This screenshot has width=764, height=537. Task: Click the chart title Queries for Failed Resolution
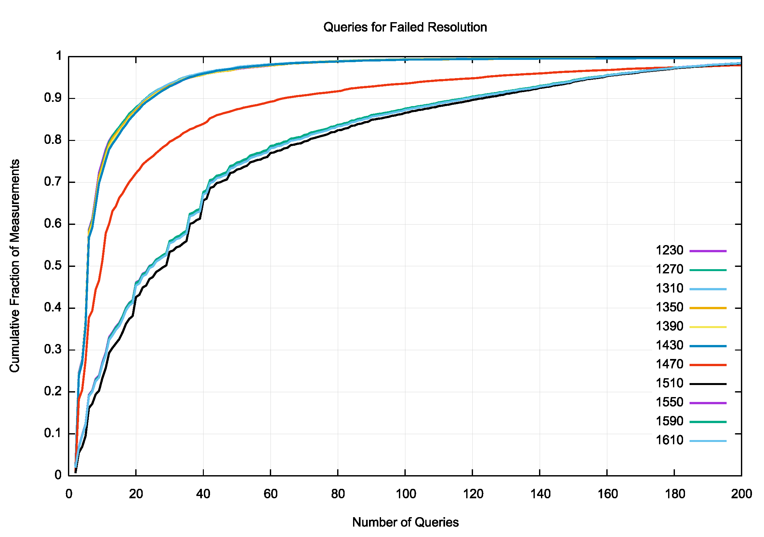(405, 27)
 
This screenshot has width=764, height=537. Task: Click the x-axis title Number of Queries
(405, 522)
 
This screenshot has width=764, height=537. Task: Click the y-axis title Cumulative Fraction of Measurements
(15, 266)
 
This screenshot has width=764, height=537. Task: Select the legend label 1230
(669, 250)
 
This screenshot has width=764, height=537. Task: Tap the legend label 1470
(669, 364)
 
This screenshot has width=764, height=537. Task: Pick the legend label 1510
(669, 383)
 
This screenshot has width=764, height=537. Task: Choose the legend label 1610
(669, 440)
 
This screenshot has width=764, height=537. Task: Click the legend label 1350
(669, 307)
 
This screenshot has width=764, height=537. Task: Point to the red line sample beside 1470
(708, 365)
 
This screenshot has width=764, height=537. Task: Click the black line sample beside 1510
(708, 384)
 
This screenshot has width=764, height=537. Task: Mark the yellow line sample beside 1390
(708, 327)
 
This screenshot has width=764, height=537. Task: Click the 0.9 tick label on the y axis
(53, 98)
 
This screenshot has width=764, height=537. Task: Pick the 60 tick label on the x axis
(270, 494)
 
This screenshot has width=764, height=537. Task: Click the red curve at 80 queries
(338, 91)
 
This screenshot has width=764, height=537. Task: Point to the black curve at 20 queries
(136, 297)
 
